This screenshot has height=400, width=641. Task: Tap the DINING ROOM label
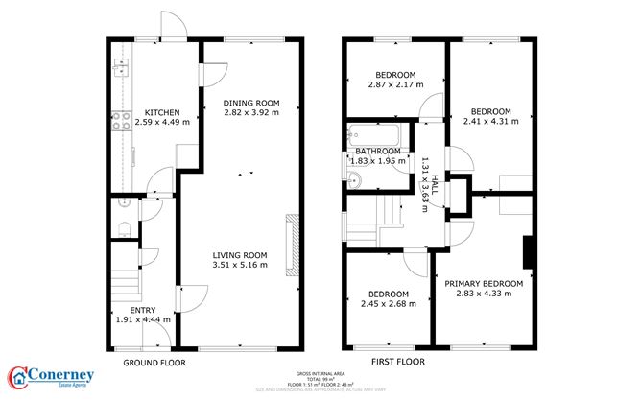click(x=250, y=103)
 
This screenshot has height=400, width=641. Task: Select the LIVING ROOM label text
click(x=240, y=254)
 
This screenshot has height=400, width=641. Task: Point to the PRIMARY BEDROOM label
click(x=484, y=283)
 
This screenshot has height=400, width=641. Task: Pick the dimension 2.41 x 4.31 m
click(x=490, y=122)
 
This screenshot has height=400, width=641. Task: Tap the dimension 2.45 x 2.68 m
click(x=389, y=304)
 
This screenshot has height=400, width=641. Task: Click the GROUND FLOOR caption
click(x=154, y=364)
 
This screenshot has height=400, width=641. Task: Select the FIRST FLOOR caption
click(x=397, y=364)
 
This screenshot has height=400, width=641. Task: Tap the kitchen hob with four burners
click(x=122, y=121)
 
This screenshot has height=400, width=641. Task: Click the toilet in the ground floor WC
click(x=120, y=227)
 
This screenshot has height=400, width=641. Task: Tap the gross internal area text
click(x=320, y=377)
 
